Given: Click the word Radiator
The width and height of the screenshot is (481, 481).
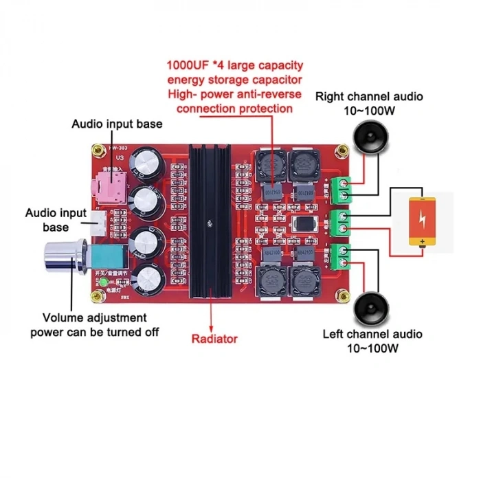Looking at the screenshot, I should click(214, 338).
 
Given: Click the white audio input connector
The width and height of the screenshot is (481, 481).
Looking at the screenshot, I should click(98, 219).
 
